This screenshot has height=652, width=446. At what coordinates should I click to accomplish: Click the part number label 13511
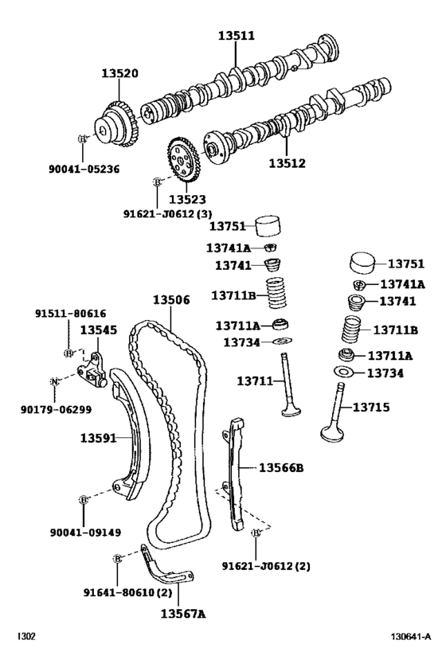pos(237,36)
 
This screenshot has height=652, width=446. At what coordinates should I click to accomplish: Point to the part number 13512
pos(288,163)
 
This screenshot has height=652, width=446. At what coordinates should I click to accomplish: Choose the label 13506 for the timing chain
pos(171,300)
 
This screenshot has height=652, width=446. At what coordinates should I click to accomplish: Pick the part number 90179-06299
pos(54,409)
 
